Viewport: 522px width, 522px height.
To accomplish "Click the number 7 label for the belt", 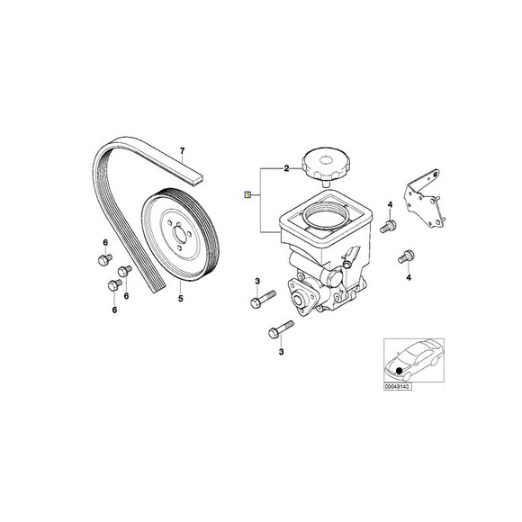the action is (x=182, y=151).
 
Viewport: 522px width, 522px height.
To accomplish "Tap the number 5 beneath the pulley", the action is (x=180, y=298).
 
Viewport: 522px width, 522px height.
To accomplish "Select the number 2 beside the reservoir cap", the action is (x=286, y=168).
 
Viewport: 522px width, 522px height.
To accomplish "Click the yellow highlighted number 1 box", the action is (x=247, y=194).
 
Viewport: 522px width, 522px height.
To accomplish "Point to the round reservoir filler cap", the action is (x=320, y=164).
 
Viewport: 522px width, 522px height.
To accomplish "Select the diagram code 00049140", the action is (x=398, y=386).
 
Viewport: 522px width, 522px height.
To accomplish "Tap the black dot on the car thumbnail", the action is (x=399, y=370).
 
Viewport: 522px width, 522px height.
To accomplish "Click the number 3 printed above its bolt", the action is (x=257, y=282).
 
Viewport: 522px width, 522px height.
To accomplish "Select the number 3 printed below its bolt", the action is (x=281, y=352).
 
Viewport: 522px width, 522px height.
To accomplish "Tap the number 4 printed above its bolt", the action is (x=390, y=204).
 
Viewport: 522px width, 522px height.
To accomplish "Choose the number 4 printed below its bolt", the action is (x=409, y=277).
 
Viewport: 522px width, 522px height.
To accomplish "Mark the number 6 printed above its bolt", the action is (x=105, y=242).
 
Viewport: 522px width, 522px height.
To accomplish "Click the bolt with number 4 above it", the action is (x=388, y=226).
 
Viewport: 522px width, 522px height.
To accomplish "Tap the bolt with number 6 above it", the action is (x=105, y=259).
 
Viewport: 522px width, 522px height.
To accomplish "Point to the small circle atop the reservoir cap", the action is (x=326, y=161).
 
